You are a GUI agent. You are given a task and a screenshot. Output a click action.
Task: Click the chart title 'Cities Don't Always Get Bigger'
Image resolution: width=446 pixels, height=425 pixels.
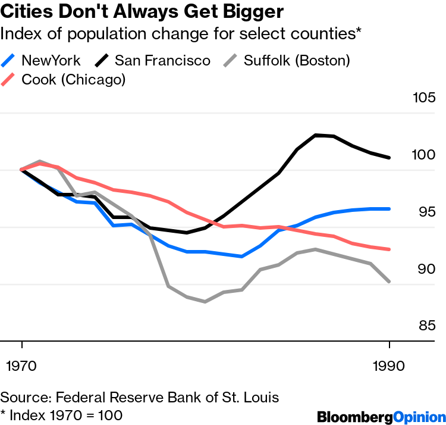(142, 11)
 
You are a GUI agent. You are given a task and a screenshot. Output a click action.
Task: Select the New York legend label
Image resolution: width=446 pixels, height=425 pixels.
(51, 60)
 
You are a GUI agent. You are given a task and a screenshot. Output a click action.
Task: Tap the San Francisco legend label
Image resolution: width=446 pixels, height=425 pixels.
(162, 60)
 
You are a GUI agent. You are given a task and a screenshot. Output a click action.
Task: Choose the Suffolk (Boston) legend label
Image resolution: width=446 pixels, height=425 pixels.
(297, 60)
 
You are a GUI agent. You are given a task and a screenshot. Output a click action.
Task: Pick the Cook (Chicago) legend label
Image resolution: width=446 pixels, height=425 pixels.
(73, 79)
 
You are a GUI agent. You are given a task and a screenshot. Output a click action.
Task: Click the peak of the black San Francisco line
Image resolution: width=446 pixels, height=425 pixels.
(316, 135)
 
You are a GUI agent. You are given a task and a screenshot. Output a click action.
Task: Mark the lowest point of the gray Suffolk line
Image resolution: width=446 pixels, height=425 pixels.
(205, 302)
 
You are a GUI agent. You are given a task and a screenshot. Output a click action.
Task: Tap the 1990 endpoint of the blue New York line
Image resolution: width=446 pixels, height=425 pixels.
(389, 209)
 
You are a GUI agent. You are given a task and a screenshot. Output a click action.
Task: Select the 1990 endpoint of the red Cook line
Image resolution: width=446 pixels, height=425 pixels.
(389, 249)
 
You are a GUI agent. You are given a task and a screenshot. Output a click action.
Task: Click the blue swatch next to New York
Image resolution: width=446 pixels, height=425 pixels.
(8, 60)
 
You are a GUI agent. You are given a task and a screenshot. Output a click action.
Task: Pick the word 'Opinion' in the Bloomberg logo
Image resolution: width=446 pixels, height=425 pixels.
(416, 415)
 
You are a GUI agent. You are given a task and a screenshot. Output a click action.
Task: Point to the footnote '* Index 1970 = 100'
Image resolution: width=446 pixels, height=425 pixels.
(61, 414)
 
